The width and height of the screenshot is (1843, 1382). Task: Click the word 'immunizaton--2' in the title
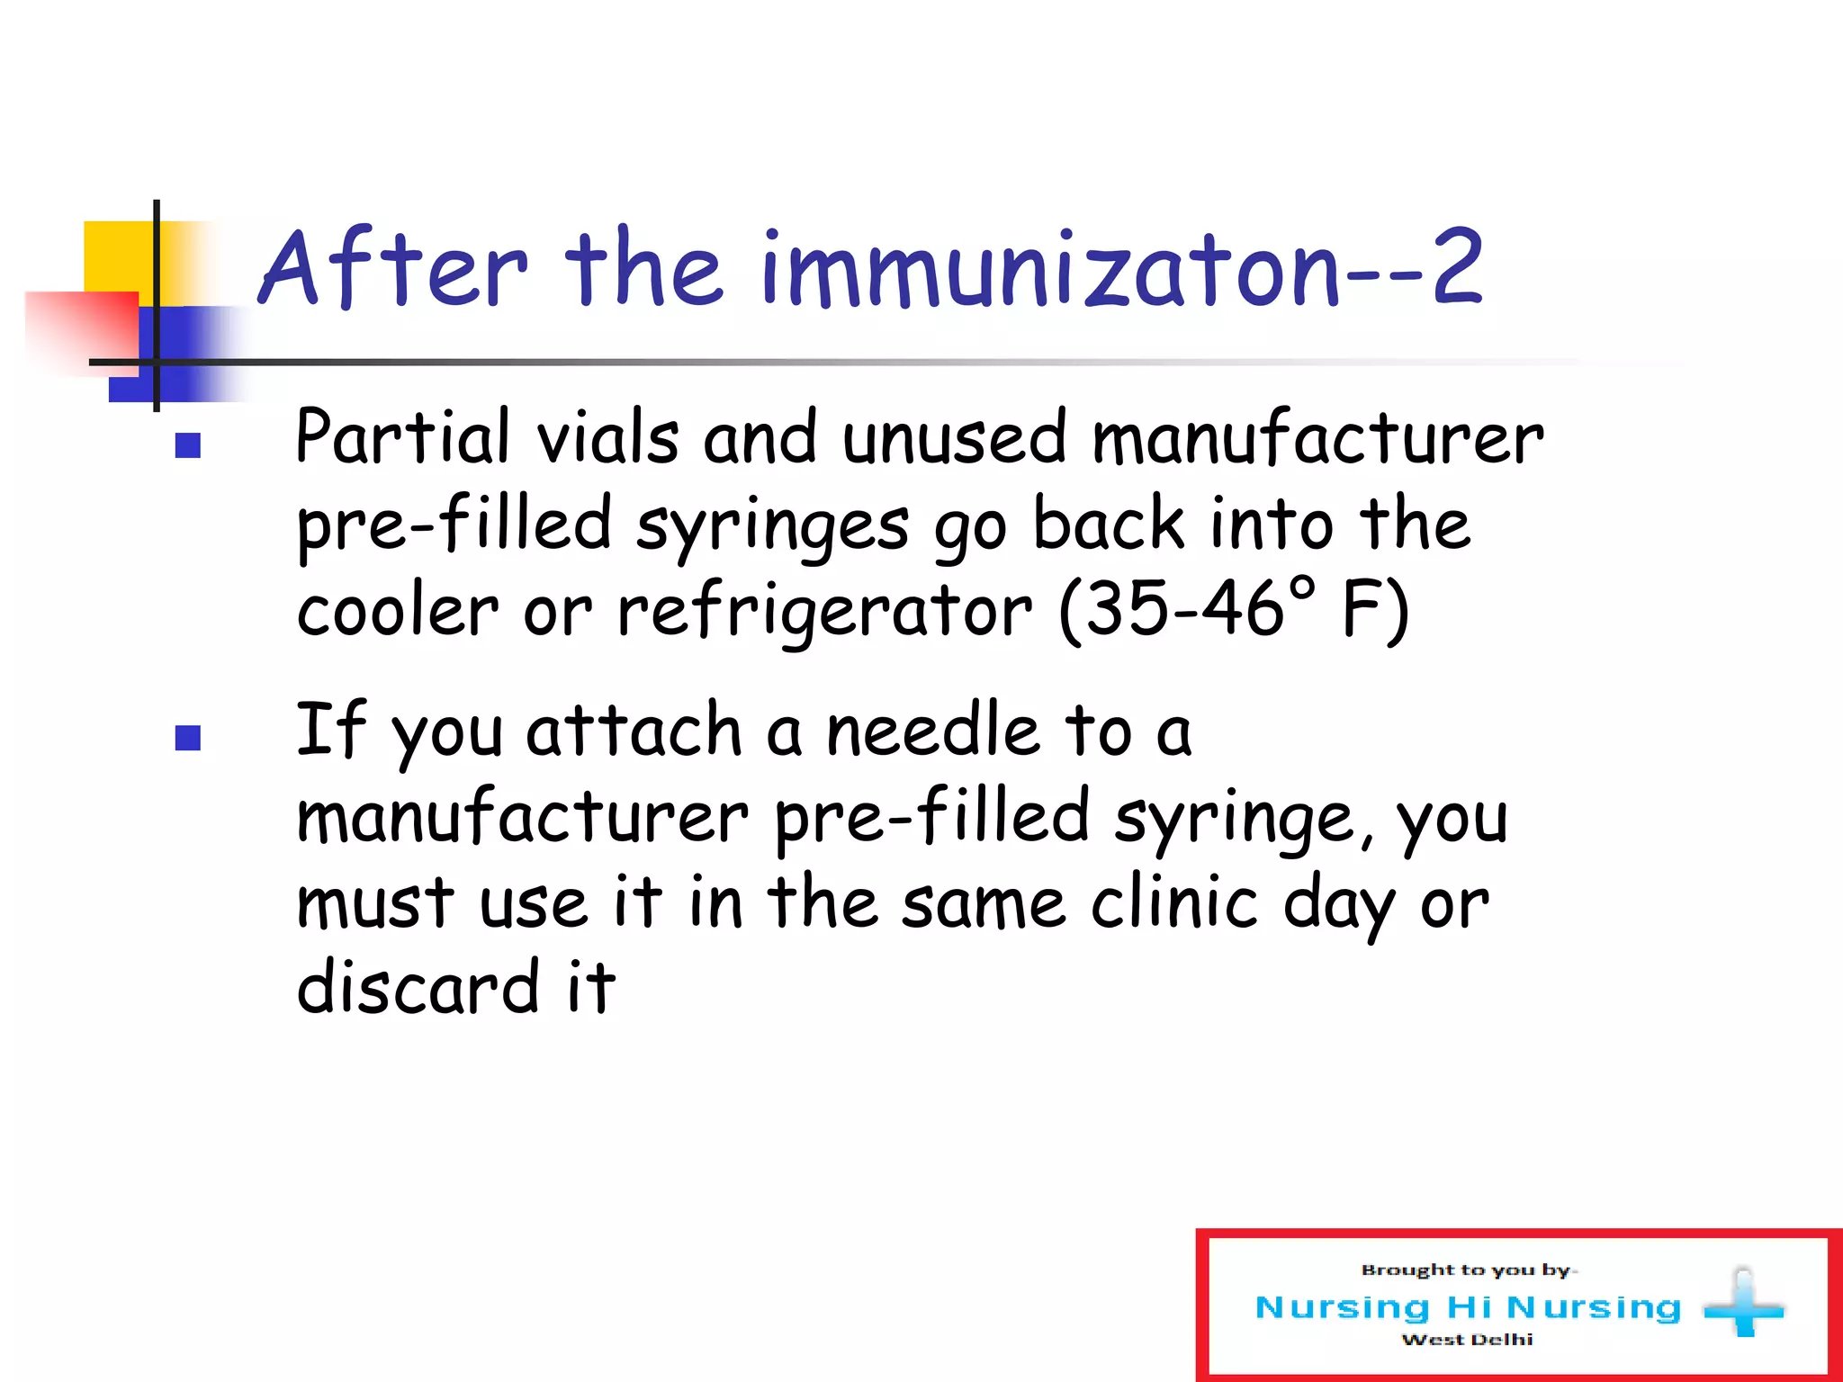(1121, 268)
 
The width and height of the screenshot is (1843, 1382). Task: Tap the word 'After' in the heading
(393, 268)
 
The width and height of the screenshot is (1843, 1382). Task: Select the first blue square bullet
(188, 445)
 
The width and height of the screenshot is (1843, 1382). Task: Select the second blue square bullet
(188, 738)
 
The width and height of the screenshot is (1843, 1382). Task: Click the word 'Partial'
(402, 437)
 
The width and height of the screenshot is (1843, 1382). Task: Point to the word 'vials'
(607, 437)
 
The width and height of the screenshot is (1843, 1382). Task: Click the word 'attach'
(634, 731)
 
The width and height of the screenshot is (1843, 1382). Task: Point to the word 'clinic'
(1174, 903)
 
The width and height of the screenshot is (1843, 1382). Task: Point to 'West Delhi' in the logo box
(1467, 1340)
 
